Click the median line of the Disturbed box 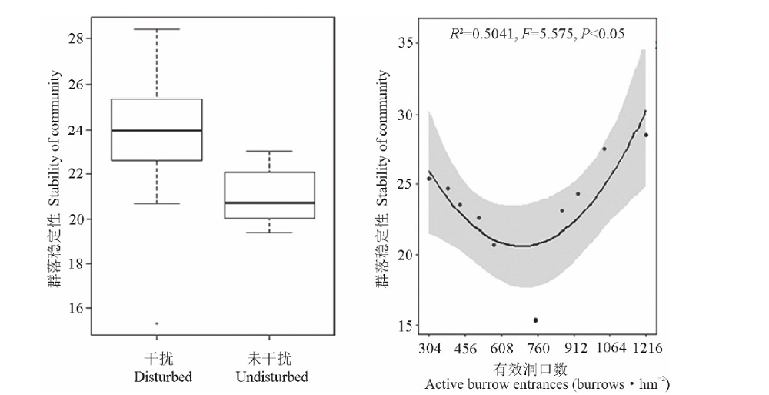[157, 131]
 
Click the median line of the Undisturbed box [269, 203]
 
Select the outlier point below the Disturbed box [157, 323]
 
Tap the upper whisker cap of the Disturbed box [157, 29]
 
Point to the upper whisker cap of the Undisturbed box [269, 151]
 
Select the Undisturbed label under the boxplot [271, 377]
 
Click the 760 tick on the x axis [538, 349]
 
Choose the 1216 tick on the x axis [647, 349]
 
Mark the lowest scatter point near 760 [535, 320]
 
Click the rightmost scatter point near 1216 [646, 135]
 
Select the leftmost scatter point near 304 [429, 179]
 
